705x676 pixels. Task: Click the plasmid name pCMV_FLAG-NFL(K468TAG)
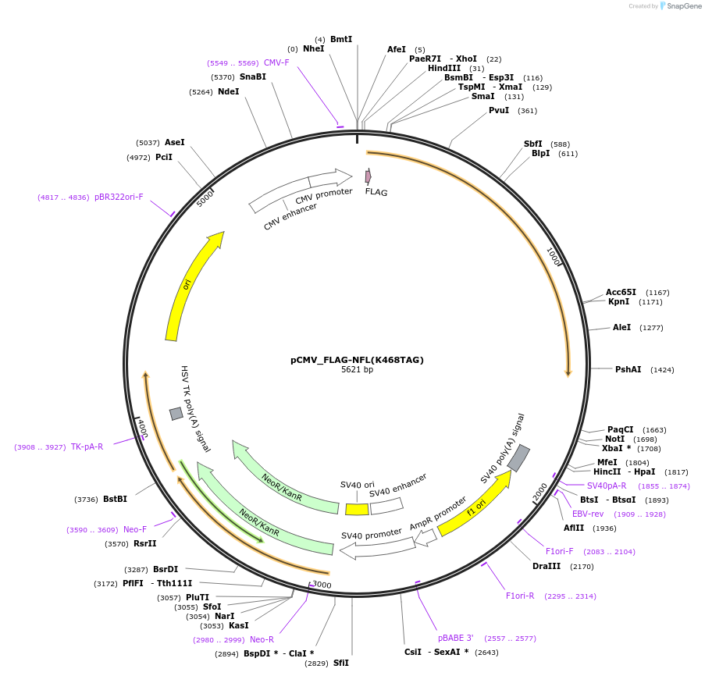coord(357,360)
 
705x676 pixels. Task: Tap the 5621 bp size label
coord(357,370)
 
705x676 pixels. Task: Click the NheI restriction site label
coord(313,48)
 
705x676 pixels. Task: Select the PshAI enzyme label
coord(628,369)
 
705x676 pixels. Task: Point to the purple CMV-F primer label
coord(276,62)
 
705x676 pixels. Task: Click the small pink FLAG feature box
coord(368,176)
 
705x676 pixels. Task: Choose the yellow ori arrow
coord(191,284)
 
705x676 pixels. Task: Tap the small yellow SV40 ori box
coord(357,509)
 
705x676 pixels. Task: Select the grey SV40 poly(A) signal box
coord(518,458)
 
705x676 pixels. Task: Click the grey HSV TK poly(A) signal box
coord(176,413)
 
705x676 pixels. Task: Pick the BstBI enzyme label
coord(115,499)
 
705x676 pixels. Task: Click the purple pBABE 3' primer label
coord(455,638)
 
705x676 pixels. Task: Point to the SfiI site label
coord(340,663)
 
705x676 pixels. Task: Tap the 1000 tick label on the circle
coord(554,257)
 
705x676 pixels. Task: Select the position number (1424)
coord(662,369)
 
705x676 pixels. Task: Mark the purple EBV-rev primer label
coord(588,514)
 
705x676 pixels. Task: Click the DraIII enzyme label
coord(547,566)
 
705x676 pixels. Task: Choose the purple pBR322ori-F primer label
coord(119,197)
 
